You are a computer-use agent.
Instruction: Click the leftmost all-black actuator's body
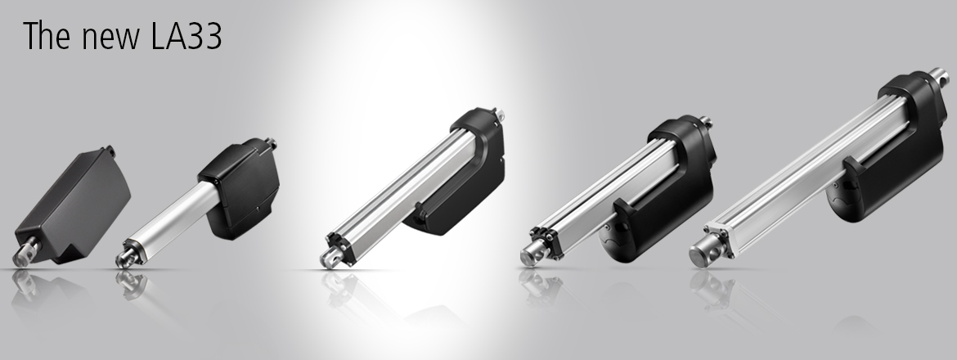[76, 205]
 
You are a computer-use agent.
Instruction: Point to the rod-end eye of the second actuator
[126, 255]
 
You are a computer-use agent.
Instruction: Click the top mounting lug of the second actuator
[270, 144]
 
